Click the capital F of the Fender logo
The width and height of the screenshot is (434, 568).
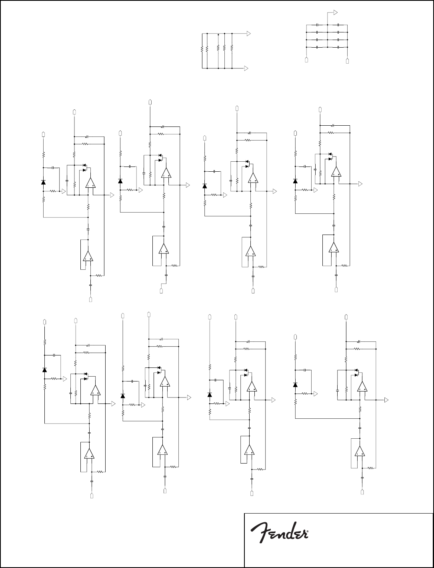point(258,534)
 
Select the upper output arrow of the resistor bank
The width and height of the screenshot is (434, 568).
point(249,34)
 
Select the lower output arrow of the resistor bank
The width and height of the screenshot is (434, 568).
point(249,68)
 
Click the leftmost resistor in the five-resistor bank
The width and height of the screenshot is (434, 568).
point(202,49)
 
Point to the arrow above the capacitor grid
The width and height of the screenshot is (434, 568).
point(336,12)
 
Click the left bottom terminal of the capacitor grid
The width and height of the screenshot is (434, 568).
point(306,60)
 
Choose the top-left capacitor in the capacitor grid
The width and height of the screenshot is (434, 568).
point(317,25)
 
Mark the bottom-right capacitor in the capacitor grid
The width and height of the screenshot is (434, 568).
point(338,47)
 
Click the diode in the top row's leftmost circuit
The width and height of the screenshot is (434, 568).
point(43,182)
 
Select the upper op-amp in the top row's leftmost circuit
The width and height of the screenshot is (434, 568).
point(90,183)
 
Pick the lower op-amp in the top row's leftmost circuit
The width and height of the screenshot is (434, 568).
point(88,256)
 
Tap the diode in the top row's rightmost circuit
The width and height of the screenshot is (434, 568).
point(295,181)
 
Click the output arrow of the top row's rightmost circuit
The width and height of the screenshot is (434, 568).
point(360,184)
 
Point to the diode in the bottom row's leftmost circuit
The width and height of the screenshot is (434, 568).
point(44,369)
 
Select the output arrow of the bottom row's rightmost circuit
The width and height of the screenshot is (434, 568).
point(387,400)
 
